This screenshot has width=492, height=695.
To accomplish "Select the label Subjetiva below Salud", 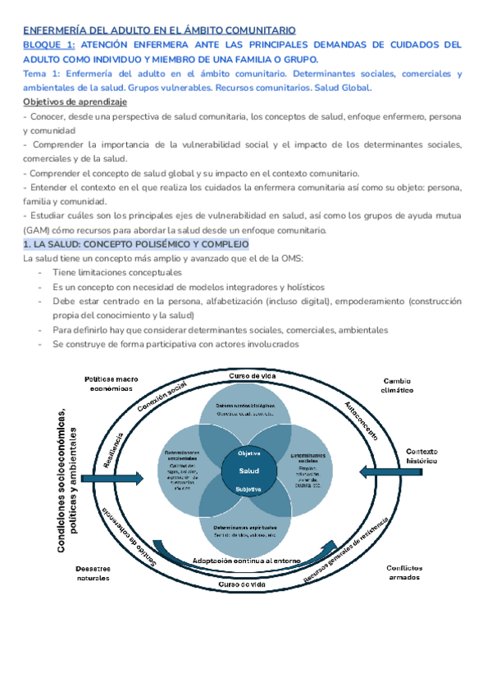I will click(x=248, y=489).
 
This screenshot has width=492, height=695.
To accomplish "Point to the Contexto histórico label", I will click(x=422, y=456).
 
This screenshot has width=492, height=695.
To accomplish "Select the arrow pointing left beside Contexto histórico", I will click(x=380, y=470).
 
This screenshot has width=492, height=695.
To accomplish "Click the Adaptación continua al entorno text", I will click(x=246, y=561).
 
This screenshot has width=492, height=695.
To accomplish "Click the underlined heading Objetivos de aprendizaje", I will click(x=75, y=102).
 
